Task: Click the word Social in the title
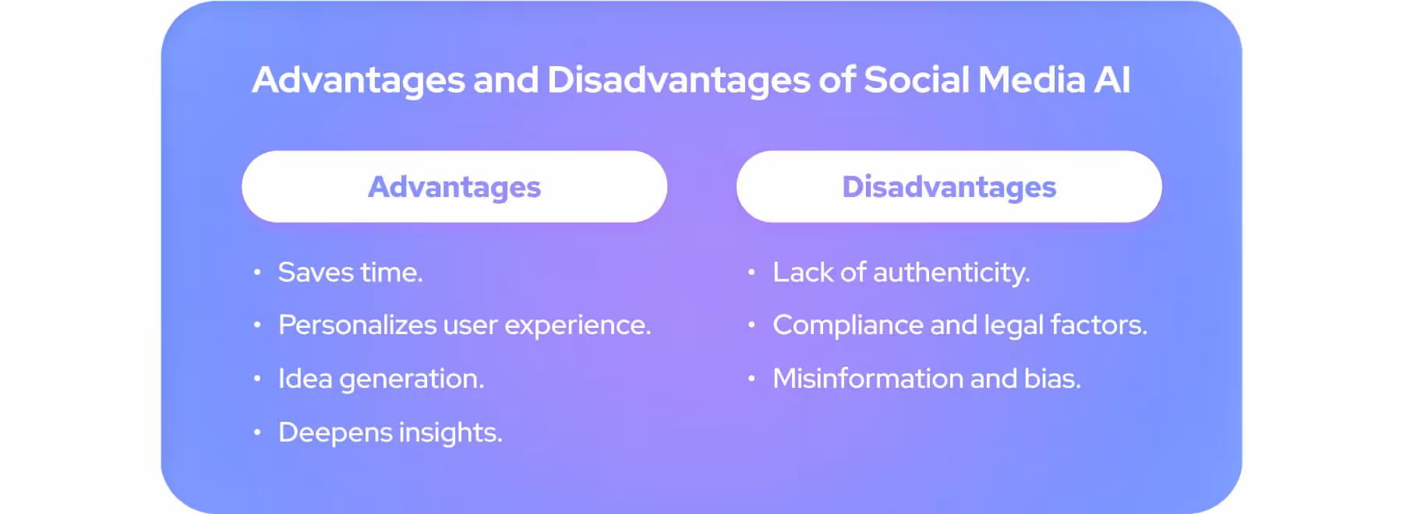[x=917, y=80]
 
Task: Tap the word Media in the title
[x=1031, y=80]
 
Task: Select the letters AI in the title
[x=1112, y=80]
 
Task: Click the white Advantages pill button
[x=454, y=187]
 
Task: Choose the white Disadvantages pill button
[x=949, y=187]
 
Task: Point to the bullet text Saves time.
[x=350, y=273]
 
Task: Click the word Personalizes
[x=356, y=326]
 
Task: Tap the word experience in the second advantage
[x=577, y=326]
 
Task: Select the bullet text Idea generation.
[x=381, y=379]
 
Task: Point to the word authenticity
[x=951, y=273]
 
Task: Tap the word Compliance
[x=847, y=326]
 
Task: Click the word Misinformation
[x=868, y=379]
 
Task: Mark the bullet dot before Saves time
[x=256, y=273]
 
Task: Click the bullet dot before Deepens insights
[x=256, y=432]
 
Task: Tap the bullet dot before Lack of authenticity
[x=751, y=273]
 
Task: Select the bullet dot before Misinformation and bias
[x=751, y=379]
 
